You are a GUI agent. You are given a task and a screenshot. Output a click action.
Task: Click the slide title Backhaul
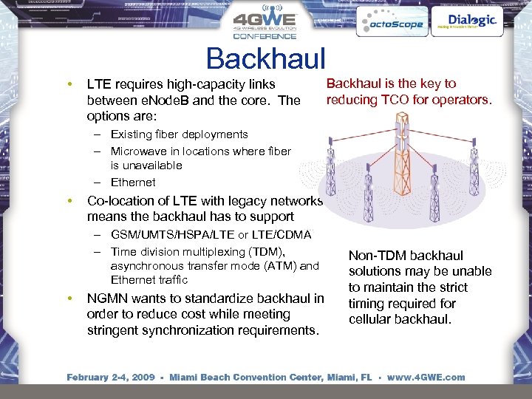click(265, 58)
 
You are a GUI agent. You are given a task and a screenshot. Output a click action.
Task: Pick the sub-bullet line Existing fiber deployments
click(179, 134)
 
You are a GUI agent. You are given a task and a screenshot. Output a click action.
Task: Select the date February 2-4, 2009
click(111, 377)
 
